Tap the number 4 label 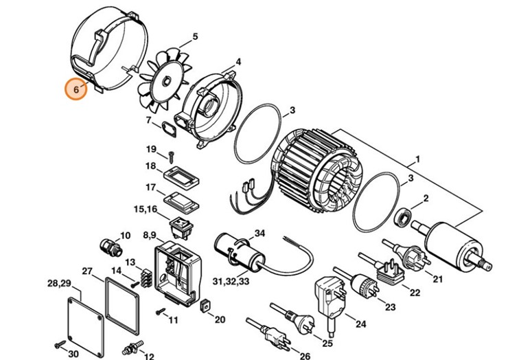[238, 62]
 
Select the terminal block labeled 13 [145, 278]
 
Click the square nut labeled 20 [203, 305]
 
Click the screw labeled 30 [56, 341]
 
